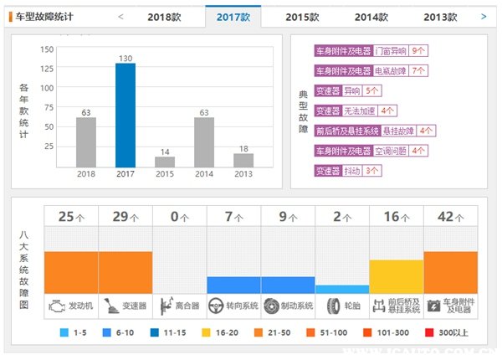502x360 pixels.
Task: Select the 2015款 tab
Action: pyautogui.click(x=301, y=17)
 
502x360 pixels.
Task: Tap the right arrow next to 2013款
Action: pyautogui.click(x=484, y=16)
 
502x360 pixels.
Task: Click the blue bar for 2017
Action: pyautogui.click(x=125, y=116)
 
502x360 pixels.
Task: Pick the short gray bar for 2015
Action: pyautogui.click(x=165, y=162)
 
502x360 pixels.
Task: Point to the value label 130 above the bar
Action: pyautogui.click(x=125, y=58)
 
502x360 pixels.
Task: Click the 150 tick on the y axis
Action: pyautogui.click(x=47, y=49)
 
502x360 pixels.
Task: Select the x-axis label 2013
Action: pyautogui.click(x=243, y=174)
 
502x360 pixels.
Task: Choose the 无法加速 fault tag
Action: pyautogui.click(x=360, y=111)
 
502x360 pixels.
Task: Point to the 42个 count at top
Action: pyautogui.click(x=450, y=217)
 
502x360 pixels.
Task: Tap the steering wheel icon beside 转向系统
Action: pyautogui.click(x=217, y=306)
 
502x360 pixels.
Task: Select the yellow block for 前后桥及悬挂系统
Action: pyautogui.click(x=396, y=276)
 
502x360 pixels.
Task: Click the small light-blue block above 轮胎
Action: pyautogui.click(x=342, y=289)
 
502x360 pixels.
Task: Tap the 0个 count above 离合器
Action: pyautogui.click(x=179, y=217)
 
